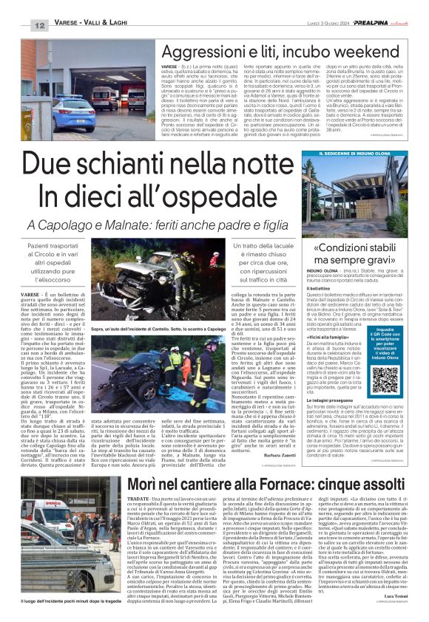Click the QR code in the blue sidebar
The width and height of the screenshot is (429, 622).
[x=365, y=380]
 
